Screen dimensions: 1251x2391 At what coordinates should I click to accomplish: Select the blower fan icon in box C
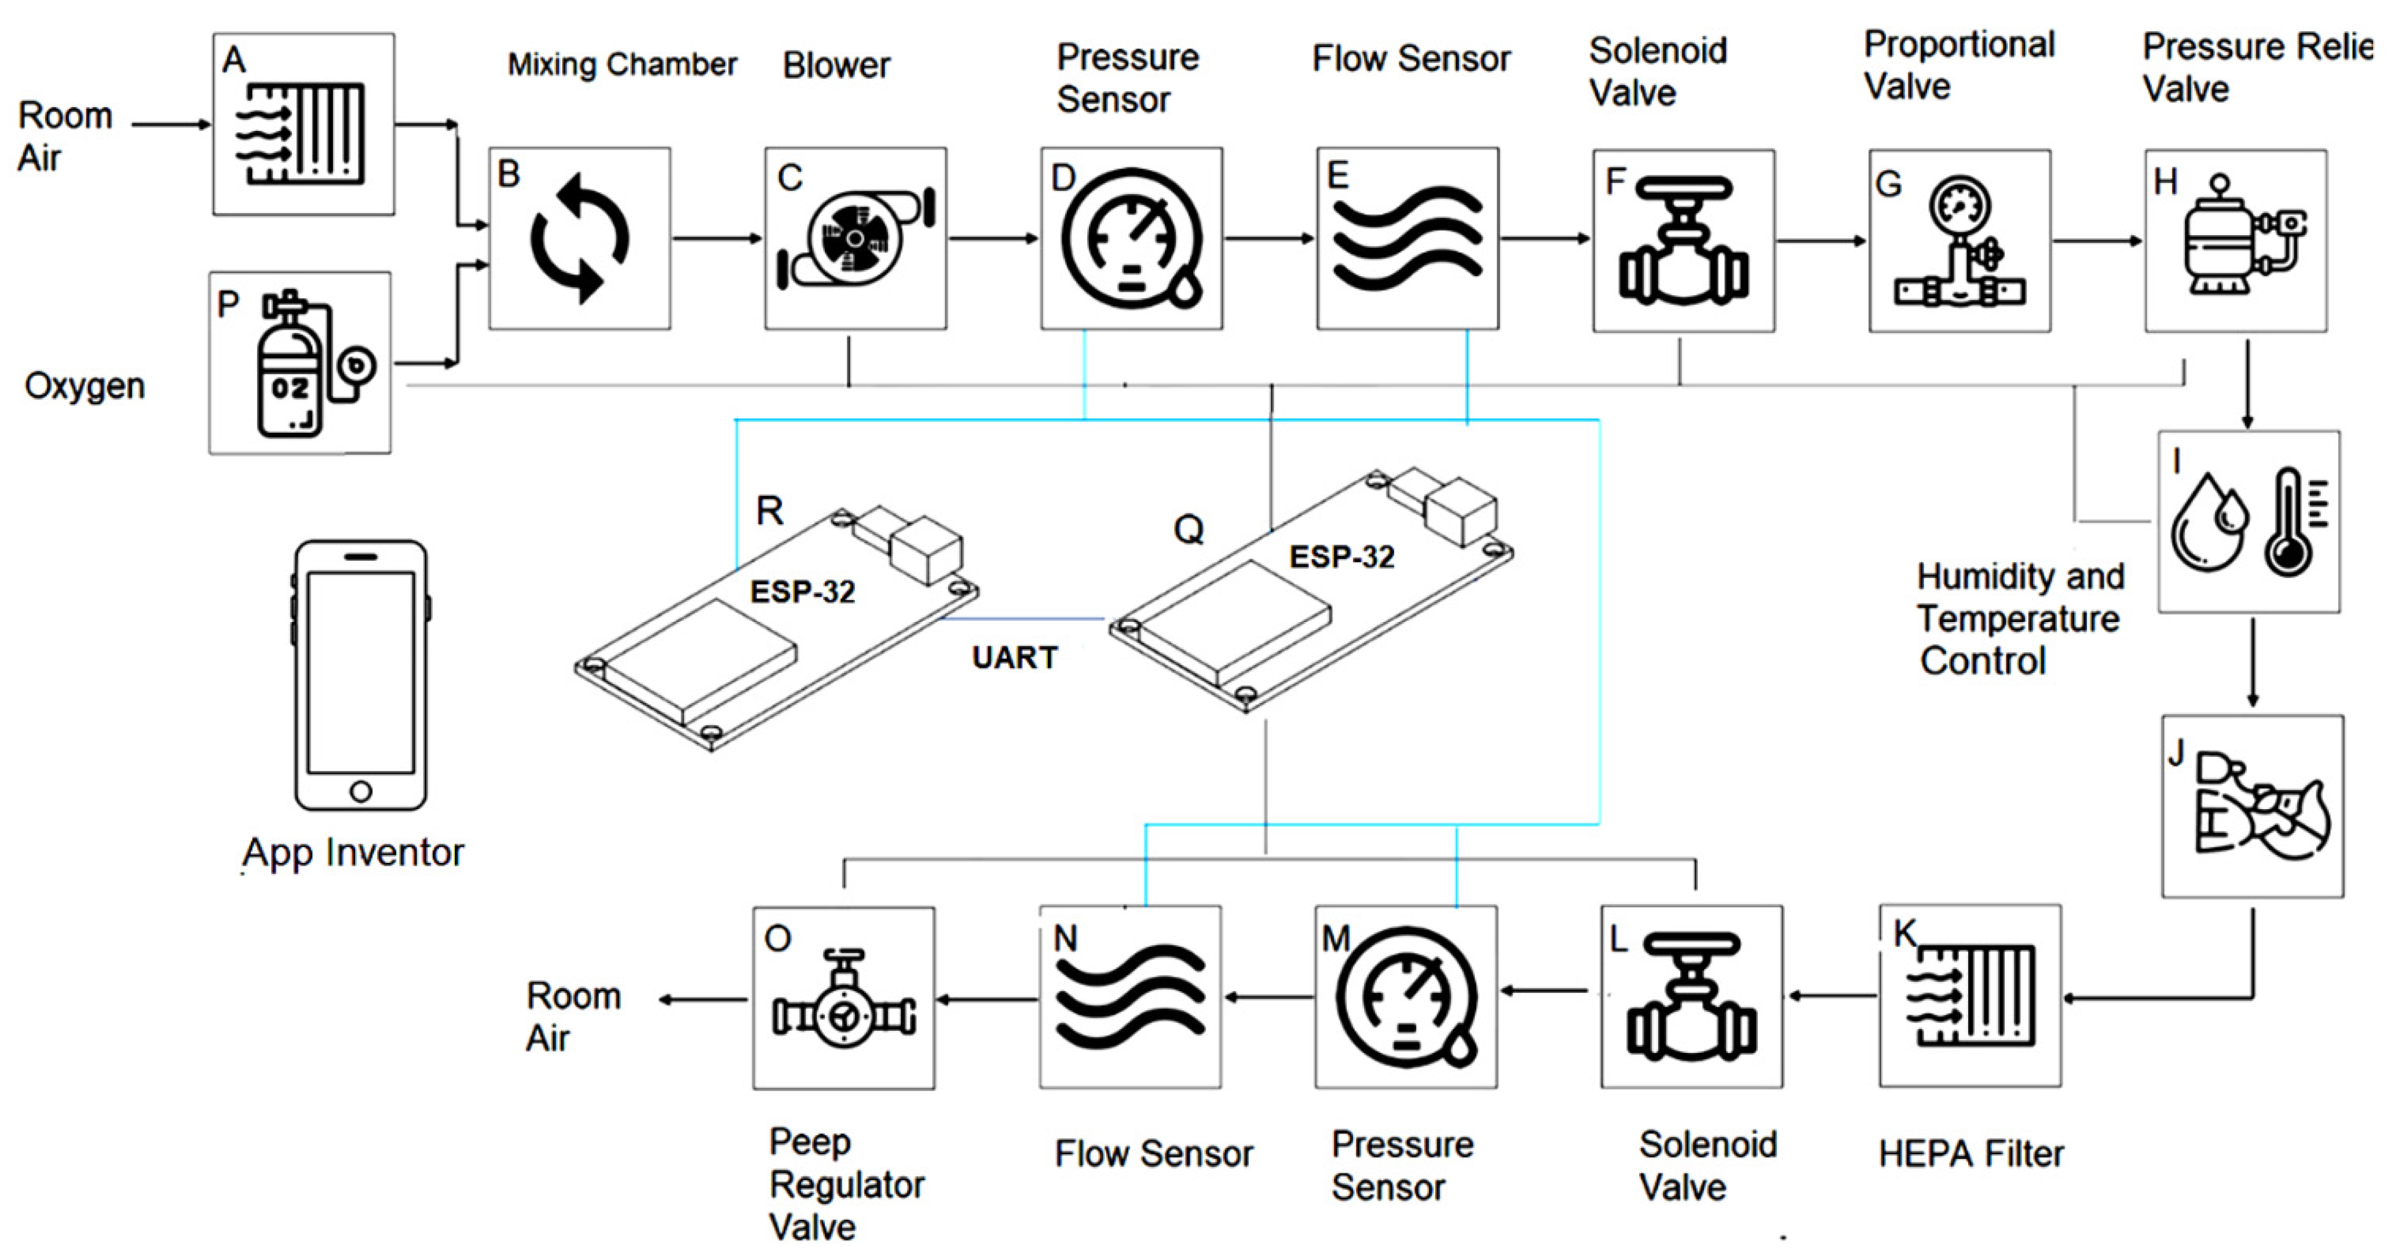click(x=854, y=239)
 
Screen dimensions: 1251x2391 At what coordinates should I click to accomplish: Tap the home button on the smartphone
click(x=361, y=792)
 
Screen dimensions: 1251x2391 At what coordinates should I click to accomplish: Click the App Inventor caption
click(x=353, y=852)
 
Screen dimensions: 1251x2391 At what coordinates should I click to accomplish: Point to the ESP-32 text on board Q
click(x=1341, y=557)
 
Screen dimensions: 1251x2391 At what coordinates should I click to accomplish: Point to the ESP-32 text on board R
click(x=802, y=591)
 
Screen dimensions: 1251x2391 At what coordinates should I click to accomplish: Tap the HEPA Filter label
click(x=1970, y=1154)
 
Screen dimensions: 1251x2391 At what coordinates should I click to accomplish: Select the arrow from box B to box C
click(x=716, y=239)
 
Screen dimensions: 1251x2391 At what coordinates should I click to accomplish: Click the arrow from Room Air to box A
click(x=171, y=123)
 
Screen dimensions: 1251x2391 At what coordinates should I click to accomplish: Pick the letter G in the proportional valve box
click(x=1888, y=184)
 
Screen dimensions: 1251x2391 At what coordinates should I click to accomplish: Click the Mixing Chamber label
click(x=622, y=64)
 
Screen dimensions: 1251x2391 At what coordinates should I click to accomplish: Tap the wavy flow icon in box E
click(x=1407, y=239)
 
